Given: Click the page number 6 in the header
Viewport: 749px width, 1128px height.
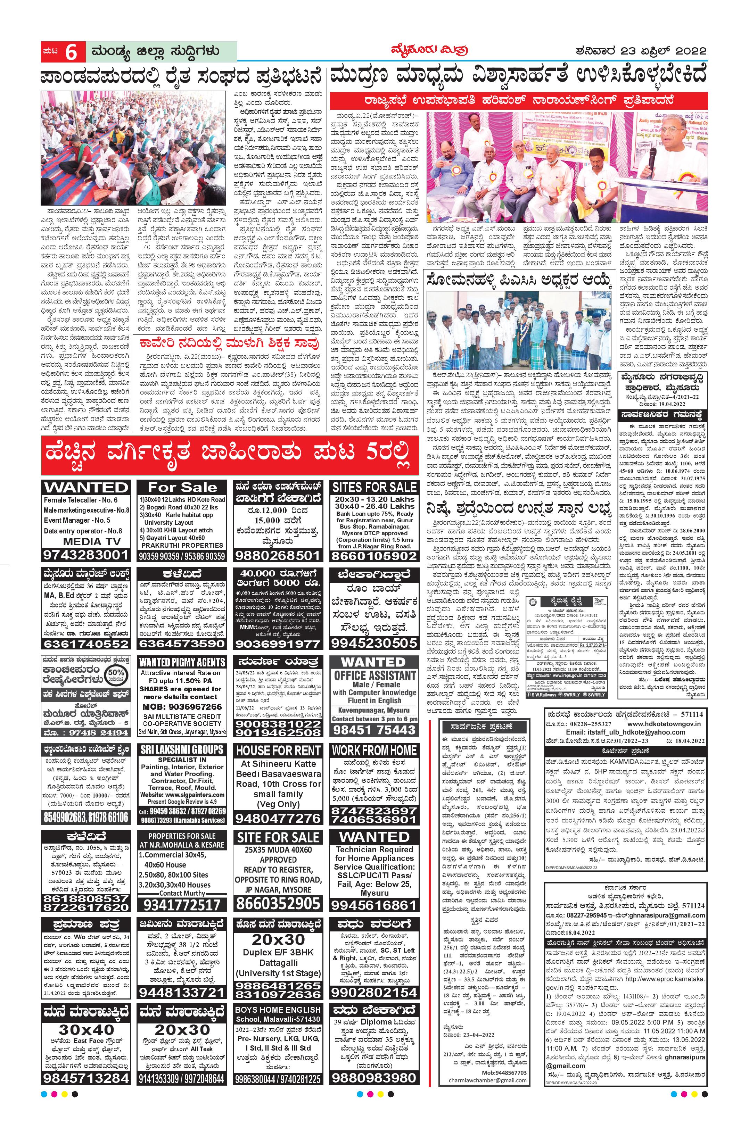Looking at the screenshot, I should [x=72, y=52].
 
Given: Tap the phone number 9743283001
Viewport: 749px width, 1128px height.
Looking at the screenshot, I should [x=86, y=555].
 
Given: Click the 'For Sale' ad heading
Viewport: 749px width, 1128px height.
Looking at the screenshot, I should [x=182, y=488].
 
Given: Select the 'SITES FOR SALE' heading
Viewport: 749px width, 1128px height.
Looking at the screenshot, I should [x=374, y=488].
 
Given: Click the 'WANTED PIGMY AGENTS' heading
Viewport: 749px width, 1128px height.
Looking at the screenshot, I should [x=182, y=662].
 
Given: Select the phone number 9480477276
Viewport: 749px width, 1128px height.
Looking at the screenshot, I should [x=278, y=818].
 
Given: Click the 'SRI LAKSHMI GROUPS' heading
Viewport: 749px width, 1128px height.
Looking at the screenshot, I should [x=182, y=750].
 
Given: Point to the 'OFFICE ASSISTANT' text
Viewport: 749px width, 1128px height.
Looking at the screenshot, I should [x=374, y=675].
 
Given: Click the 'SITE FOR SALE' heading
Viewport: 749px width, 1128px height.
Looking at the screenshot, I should [x=278, y=838].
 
